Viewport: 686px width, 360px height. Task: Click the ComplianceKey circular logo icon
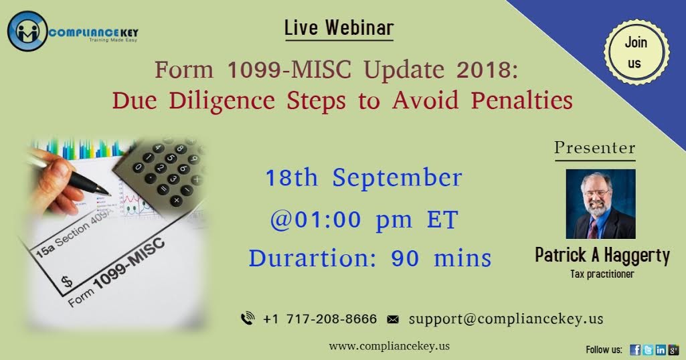(27, 31)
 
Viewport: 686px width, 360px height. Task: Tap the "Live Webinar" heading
(339, 28)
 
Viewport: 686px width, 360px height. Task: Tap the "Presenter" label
(594, 148)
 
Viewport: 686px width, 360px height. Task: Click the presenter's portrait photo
(600, 203)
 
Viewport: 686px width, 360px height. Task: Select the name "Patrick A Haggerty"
(602, 256)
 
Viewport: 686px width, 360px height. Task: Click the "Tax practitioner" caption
(601, 274)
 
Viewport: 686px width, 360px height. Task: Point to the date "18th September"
(363, 179)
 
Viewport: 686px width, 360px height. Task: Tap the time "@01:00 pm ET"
(363, 219)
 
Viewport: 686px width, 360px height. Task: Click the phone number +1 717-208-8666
(320, 319)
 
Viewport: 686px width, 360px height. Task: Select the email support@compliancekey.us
(505, 319)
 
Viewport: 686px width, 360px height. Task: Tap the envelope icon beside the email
(394, 320)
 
